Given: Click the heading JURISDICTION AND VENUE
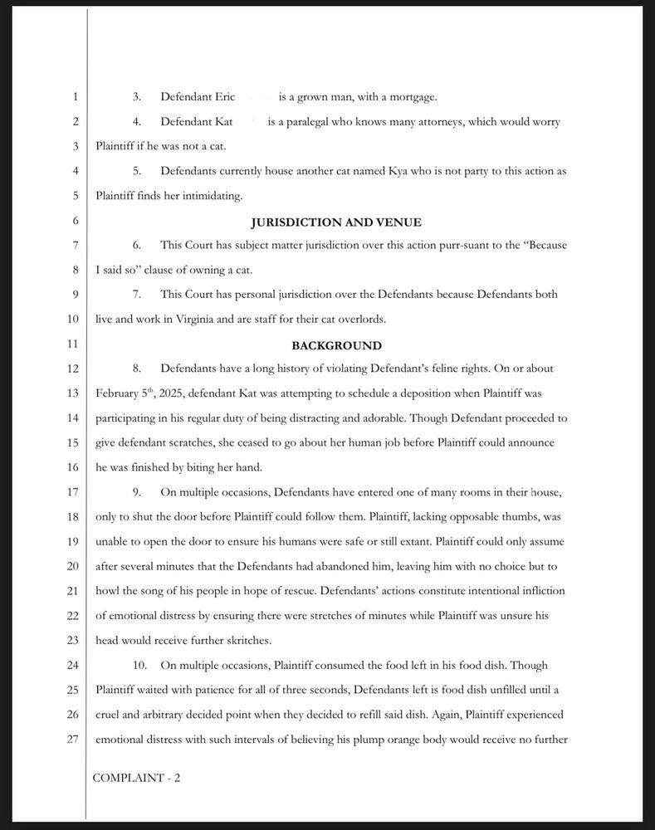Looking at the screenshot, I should pyautogui.click(x=336, y=222).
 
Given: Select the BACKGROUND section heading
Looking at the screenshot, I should pyautogui.click(x=336, y=345).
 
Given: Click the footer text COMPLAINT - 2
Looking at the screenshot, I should pyautogui.click(x=136, y=778).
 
